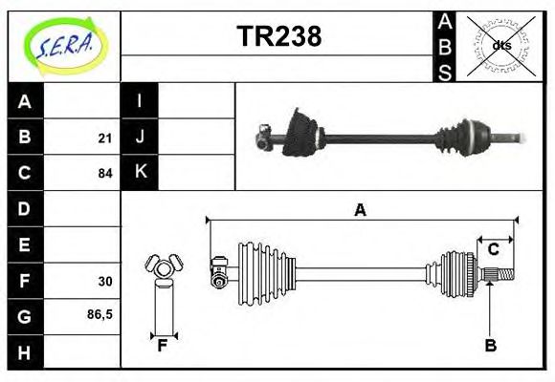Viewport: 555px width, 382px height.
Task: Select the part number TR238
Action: [x=278, y=36]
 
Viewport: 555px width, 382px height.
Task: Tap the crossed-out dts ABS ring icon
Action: [x=501, y=45]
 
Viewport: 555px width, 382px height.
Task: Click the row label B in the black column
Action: [x=25, y=138]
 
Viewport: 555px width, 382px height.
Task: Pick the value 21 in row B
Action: [x=104, y=138]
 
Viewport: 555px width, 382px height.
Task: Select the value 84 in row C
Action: [x=104, y=174]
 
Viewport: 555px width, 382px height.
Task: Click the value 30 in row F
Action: [x=104, y=282]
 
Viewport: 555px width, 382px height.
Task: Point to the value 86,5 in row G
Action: [x=100, y=314]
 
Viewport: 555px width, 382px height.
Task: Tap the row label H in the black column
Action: [x=25, y=353]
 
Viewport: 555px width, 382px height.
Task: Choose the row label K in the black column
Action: [x=140, y=173]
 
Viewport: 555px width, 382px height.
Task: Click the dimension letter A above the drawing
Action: [x=360, y=210]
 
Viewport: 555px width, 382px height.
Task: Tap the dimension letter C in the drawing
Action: [x=494, y=249]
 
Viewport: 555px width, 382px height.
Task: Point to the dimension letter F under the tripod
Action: [x=163, y=346]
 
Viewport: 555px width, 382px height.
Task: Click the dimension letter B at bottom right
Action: [x=490, y=346]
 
